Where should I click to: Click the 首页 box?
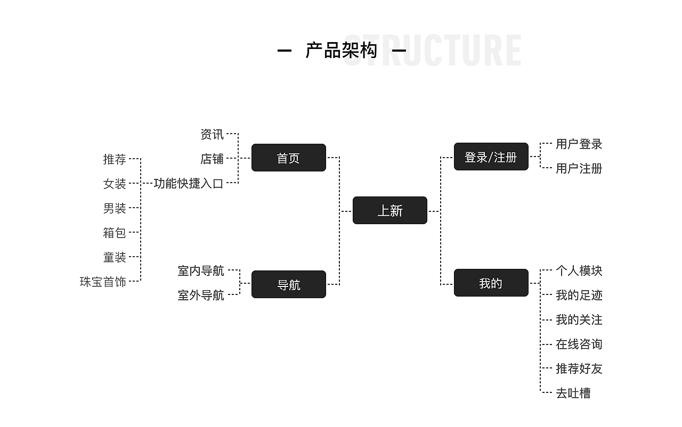point(288,158)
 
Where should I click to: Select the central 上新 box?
point(389,210)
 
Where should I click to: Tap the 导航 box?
point(288,284)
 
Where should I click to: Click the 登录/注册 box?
point(491,157)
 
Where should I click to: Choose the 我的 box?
point(491,283)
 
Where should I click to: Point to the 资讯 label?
point(212,134)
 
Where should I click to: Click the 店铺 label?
point(212,159)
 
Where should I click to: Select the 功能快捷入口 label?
point(189,183)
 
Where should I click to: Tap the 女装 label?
point(115,184)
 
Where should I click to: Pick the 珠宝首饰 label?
point(103,282)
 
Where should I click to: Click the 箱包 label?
point(115,233)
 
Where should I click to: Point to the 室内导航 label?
point(201,270)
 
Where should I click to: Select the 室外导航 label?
point(201,295)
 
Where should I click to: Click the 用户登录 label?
point(579,144)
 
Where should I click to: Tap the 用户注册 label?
point(579,168)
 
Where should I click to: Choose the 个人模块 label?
point(579,270)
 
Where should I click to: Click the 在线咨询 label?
point(579,344)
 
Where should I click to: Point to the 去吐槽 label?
point(573,393)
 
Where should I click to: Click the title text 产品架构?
point(342,51)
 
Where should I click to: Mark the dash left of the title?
point(285,51)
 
